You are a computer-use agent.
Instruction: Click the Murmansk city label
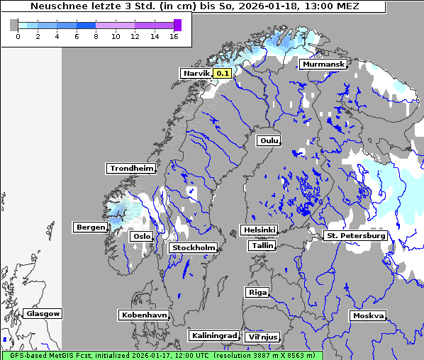coord(323,64)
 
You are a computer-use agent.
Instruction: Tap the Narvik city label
coord(196,73)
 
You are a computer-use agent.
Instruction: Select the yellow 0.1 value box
coord(223,73)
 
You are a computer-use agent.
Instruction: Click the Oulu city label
coord(269,140)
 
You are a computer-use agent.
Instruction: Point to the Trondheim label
coord(131,168)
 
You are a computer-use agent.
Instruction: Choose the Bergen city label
coord(89,227)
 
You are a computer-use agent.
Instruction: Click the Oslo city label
coord(142,236)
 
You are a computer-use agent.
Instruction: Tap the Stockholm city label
coord(194,247)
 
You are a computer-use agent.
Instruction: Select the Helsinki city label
coord(259,230)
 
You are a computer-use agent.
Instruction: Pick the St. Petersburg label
coord(355,235)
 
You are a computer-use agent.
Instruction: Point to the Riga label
coord(257,292)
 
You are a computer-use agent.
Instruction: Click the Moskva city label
coord(368,315)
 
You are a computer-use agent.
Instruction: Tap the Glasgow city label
coord(43,313)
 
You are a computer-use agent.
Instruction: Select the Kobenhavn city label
coord(144,314)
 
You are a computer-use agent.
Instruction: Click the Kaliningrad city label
coord(213,335)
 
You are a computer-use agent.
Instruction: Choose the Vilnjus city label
coord(262,337)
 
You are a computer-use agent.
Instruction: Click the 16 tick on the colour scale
coord(173,36)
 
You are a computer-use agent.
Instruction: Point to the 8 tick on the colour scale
coord(96,36)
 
